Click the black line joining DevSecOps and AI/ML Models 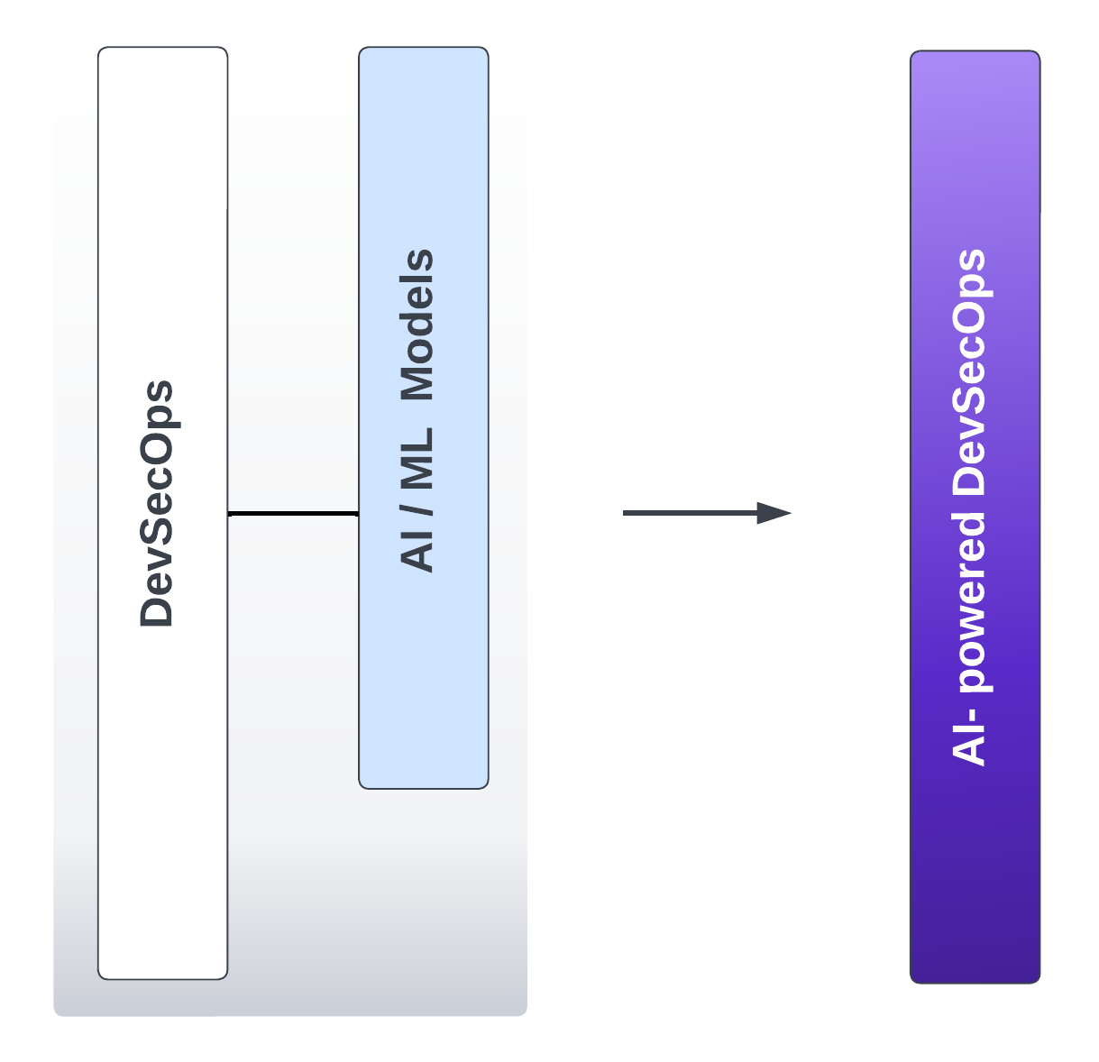pos(293,514)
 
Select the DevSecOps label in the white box pos(157,504)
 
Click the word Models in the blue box pos(417,325)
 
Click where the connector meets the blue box pos(359,514)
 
